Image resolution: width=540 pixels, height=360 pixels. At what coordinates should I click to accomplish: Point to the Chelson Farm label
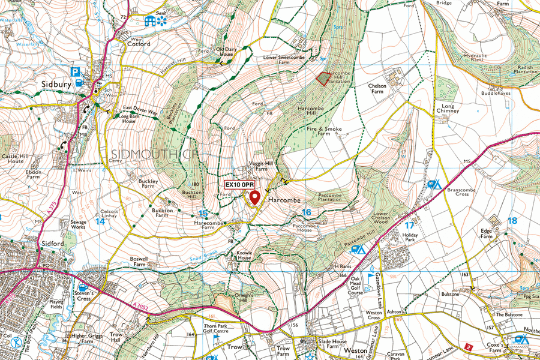click(x=376, y=89)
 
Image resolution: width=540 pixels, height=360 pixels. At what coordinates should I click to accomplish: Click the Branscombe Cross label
click(x=461, y=191)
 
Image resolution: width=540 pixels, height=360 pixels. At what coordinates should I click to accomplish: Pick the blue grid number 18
click(x=512, y=221)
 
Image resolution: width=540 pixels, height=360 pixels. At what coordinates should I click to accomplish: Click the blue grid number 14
click(x=100, y=221)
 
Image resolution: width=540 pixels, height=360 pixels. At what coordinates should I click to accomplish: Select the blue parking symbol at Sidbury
click(x=76, y=72)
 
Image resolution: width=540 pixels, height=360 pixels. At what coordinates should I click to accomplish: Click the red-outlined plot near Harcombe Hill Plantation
click(x=323, y=79)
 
